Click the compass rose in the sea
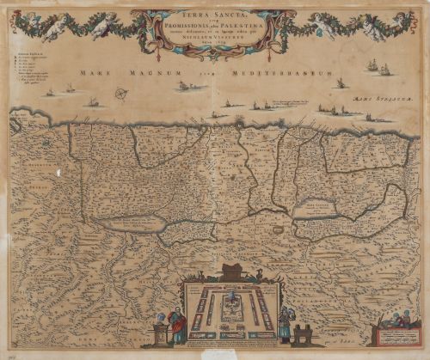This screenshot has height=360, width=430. (x=121, y=94)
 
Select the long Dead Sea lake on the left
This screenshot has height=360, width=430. (x=131, y=223)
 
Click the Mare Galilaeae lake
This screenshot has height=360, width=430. (x=310, y=207)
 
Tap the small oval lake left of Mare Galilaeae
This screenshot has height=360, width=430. (x=277, y=230)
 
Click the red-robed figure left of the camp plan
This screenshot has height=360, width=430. (x=178, y=326)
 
